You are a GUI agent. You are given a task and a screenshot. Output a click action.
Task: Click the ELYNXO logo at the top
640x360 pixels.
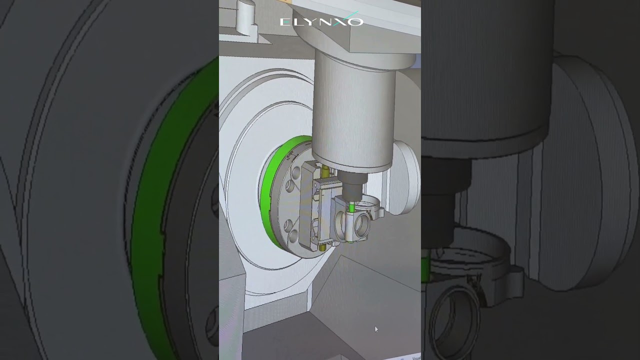(x=321, y=21)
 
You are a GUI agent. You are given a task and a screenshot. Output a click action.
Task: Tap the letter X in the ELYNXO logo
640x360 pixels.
(x=342, y=21)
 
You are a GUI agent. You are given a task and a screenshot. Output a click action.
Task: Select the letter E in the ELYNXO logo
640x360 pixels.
(x=284, y=21)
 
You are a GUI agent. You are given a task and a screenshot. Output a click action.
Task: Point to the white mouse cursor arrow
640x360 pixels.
(x=376, y=329)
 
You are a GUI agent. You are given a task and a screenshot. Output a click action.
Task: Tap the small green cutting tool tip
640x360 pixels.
(x=352, y=206)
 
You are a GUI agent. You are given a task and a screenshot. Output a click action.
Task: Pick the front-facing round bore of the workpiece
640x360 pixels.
(x=361, y=226)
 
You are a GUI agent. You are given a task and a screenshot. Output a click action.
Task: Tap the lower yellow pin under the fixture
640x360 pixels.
(x=322, y=247)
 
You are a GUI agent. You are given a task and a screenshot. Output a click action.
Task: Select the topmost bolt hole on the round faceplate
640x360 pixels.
(x=299, y=159)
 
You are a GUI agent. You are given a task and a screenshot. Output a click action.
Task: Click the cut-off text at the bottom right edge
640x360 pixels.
(x=415, y=357)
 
